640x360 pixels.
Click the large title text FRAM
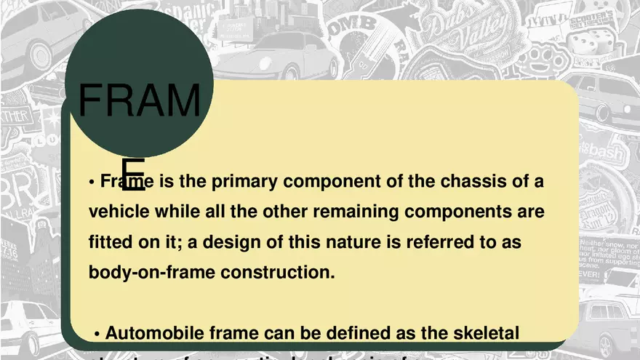139,101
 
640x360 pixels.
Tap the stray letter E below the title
133,175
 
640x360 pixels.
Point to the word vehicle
118,212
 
